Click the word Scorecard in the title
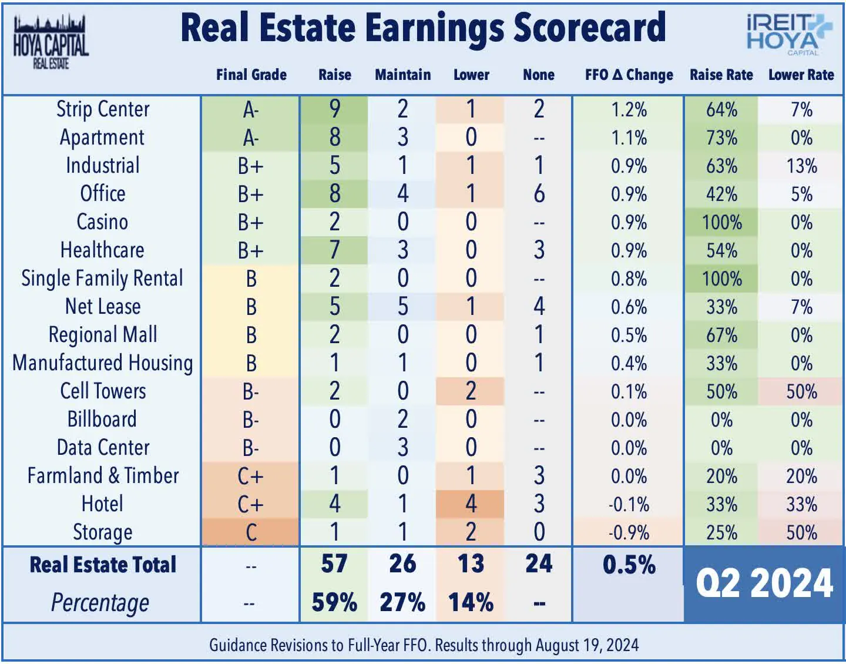[x=589, y=28]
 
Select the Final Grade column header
[x=251, y=75]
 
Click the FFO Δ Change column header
[x=629, y=75]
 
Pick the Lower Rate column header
[x=801, y=75]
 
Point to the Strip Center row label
[x=103, y=109]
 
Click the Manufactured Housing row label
[x=103, y=363]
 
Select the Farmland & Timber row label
[x=103, y=475]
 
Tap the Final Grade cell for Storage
[x=251, y=532]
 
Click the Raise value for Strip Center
[x=334, y=109]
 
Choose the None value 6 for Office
[x=539, y=194]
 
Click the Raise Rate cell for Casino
[x=721, y=222]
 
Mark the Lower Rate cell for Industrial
[x=801, y=166]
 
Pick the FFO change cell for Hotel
[x=629, y=504]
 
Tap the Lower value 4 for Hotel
[x=471, y=504]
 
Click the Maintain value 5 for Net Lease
[x=402, y=307]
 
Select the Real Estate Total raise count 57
[x=334, y=564]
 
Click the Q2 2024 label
[x=764, y=583]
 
